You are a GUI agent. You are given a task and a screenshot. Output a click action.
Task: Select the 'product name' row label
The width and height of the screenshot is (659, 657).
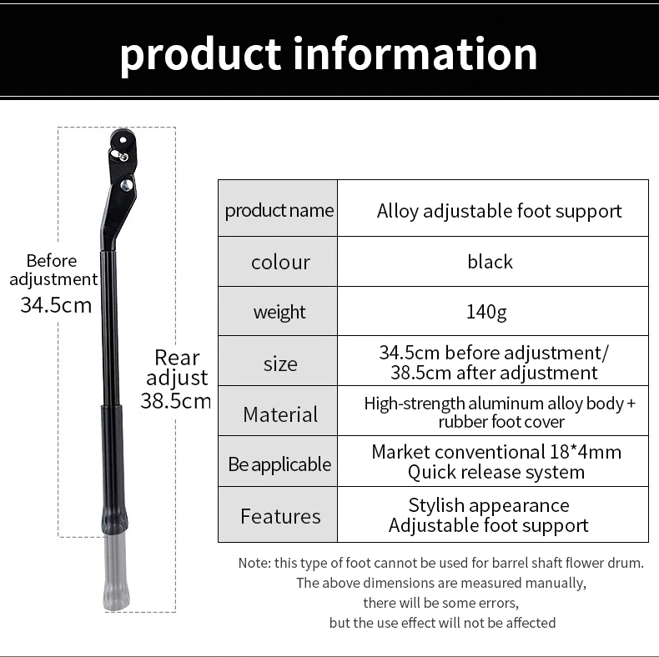coord(279,210)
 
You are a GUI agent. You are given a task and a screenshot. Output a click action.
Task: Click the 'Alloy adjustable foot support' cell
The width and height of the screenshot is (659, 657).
coord(499,210)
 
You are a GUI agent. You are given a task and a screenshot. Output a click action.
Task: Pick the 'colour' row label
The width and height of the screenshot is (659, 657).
coord(280,262)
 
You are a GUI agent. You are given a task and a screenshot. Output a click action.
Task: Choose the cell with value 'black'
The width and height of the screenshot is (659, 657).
coord(490,262)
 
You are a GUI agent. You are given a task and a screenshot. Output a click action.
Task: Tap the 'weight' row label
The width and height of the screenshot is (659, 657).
coord(279,312)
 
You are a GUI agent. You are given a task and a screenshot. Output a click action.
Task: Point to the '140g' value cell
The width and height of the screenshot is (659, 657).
coord(486,312)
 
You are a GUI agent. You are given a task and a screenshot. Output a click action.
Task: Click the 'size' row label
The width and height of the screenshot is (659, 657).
coord(280,364)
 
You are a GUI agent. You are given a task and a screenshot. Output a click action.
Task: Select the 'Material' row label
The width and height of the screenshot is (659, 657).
coord(280,414)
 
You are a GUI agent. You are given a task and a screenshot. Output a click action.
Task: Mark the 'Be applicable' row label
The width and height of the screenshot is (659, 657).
coord(279,464)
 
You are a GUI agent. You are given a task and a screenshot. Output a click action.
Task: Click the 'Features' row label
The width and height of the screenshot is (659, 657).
coord(280,516)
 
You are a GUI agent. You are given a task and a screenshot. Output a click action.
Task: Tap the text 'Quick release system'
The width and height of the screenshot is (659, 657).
coord(496,473)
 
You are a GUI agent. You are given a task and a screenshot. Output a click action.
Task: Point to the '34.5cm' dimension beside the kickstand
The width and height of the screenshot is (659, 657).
coord(56,304)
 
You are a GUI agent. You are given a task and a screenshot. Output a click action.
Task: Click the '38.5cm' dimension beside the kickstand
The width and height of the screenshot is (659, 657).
coord(175,400)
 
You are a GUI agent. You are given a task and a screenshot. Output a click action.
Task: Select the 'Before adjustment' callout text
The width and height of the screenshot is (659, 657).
coord(53,270)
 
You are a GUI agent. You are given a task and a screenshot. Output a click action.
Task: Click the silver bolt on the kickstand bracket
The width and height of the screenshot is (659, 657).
coord(128,185)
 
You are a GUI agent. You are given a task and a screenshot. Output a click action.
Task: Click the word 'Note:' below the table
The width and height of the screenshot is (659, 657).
coord(254,563)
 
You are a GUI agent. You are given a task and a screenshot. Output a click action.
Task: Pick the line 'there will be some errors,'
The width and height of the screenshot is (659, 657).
coord(441,603)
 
